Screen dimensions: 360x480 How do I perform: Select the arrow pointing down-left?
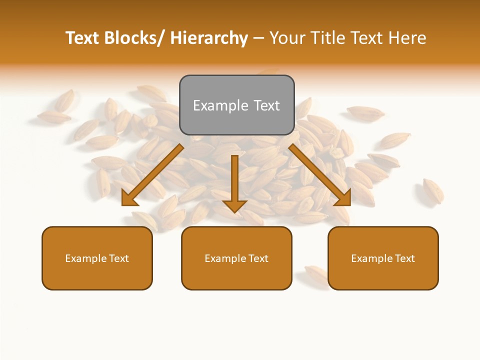(152, 175)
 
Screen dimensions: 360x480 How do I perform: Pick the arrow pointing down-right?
(320, 175)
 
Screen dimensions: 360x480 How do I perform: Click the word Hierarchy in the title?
(209, 38)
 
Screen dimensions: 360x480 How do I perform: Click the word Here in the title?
(406, 38)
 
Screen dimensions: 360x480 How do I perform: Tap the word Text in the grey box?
(266, 105)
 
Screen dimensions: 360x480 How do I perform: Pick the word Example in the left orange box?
(86, 258)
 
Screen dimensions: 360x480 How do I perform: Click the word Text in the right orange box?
(404, 258)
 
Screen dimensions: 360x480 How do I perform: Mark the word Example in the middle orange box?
(225, 258)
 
